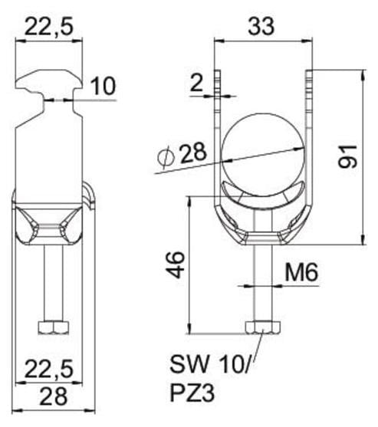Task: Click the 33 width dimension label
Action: point(261,26)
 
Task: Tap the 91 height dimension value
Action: point(347,156)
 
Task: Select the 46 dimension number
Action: point(176,264)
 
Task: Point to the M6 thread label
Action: point(301,273)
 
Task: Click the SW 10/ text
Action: point(209,364)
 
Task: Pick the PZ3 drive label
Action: point(192,393)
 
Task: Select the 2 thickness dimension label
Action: point(196,84)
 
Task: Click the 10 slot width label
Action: point(103,86)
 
